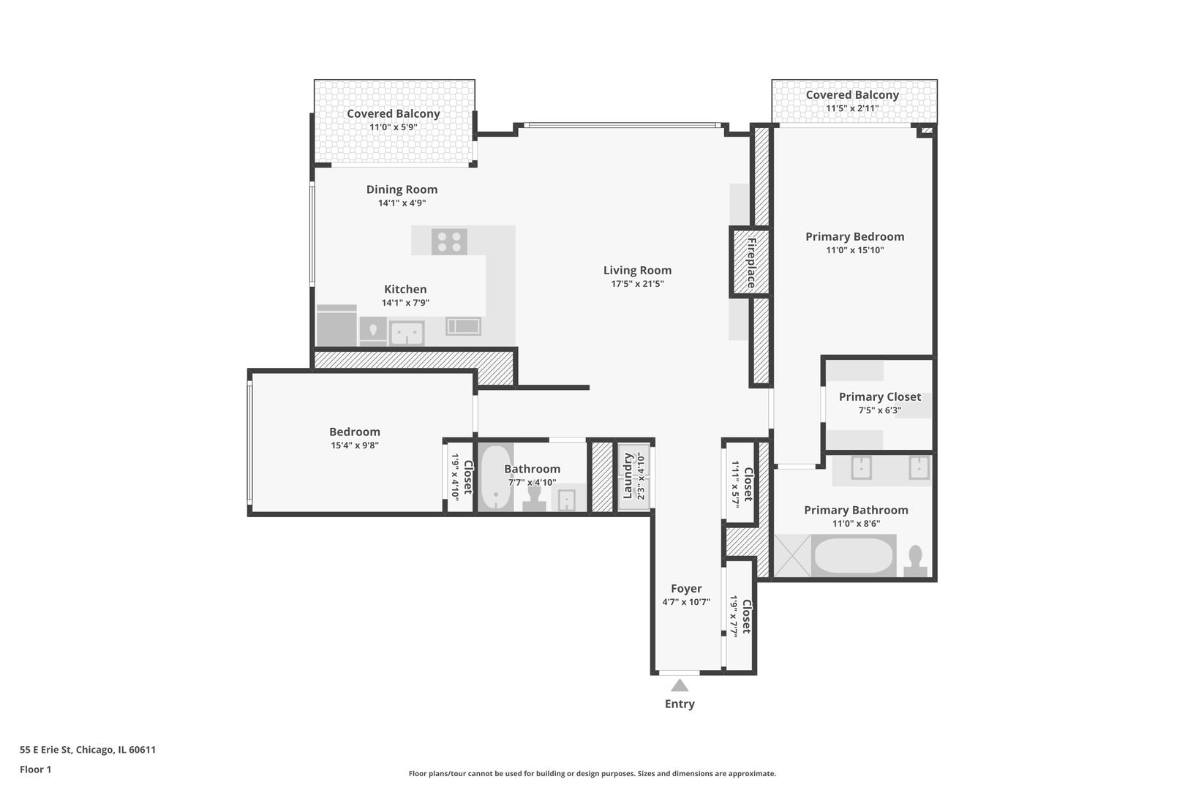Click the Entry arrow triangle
pos(680,685)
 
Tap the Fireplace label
pos(751,263)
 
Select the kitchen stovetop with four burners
pos(449,241)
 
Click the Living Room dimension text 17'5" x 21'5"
pos(637,284)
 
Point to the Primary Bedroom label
pos(854,236)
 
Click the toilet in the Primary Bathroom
pos(915,562)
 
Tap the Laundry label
pos(628,475)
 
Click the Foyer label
pos(686,588)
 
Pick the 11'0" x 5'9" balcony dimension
pos(393,127)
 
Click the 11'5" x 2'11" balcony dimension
pos(852,108)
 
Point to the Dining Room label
pos(402,189)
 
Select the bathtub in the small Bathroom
pos(496,478)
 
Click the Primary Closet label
pos(879,396)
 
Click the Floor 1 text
pos(36,770)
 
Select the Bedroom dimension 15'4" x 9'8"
pos(354,445)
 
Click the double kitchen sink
pos(407,334)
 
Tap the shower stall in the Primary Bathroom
pos(792,556)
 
